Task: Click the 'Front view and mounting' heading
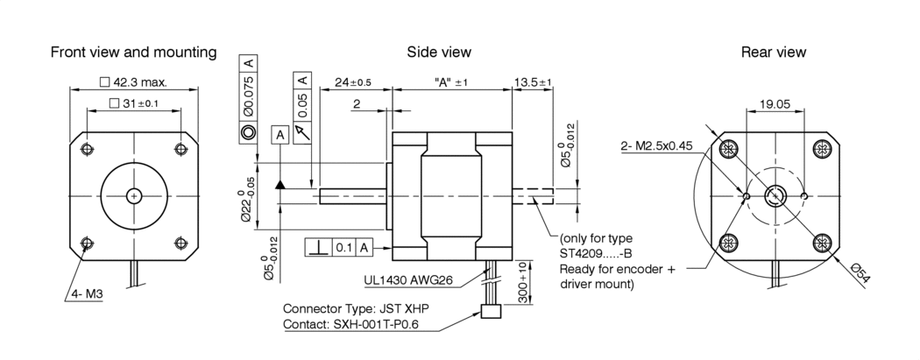(133, 53)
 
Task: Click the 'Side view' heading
(439, 53)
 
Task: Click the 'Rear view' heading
(774, 53)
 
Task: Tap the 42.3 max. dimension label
(134, 82)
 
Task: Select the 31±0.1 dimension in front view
(134, 103)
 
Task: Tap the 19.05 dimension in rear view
(775, 103)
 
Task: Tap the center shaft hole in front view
(133, 195)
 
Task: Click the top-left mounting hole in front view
(86, 149)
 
